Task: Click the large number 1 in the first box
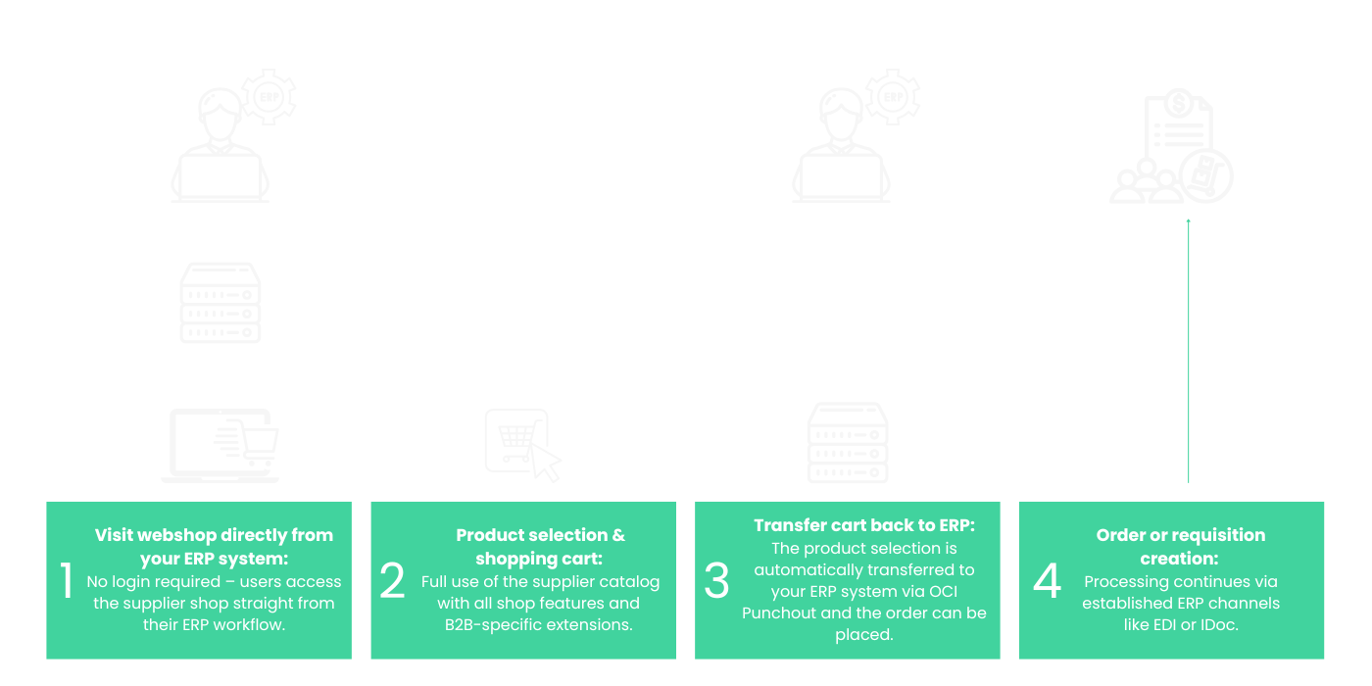click(67, 579)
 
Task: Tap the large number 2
click(392, 579)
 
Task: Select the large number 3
click(716, 579)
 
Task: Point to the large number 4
click(1047, 579)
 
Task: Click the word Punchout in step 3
click(779, 613)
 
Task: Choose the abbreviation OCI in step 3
click(943, 592)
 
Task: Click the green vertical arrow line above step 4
click(1188, 351)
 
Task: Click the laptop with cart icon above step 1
click(220, 445)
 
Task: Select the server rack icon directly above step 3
click(848, 442)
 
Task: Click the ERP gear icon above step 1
click(269, 97)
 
